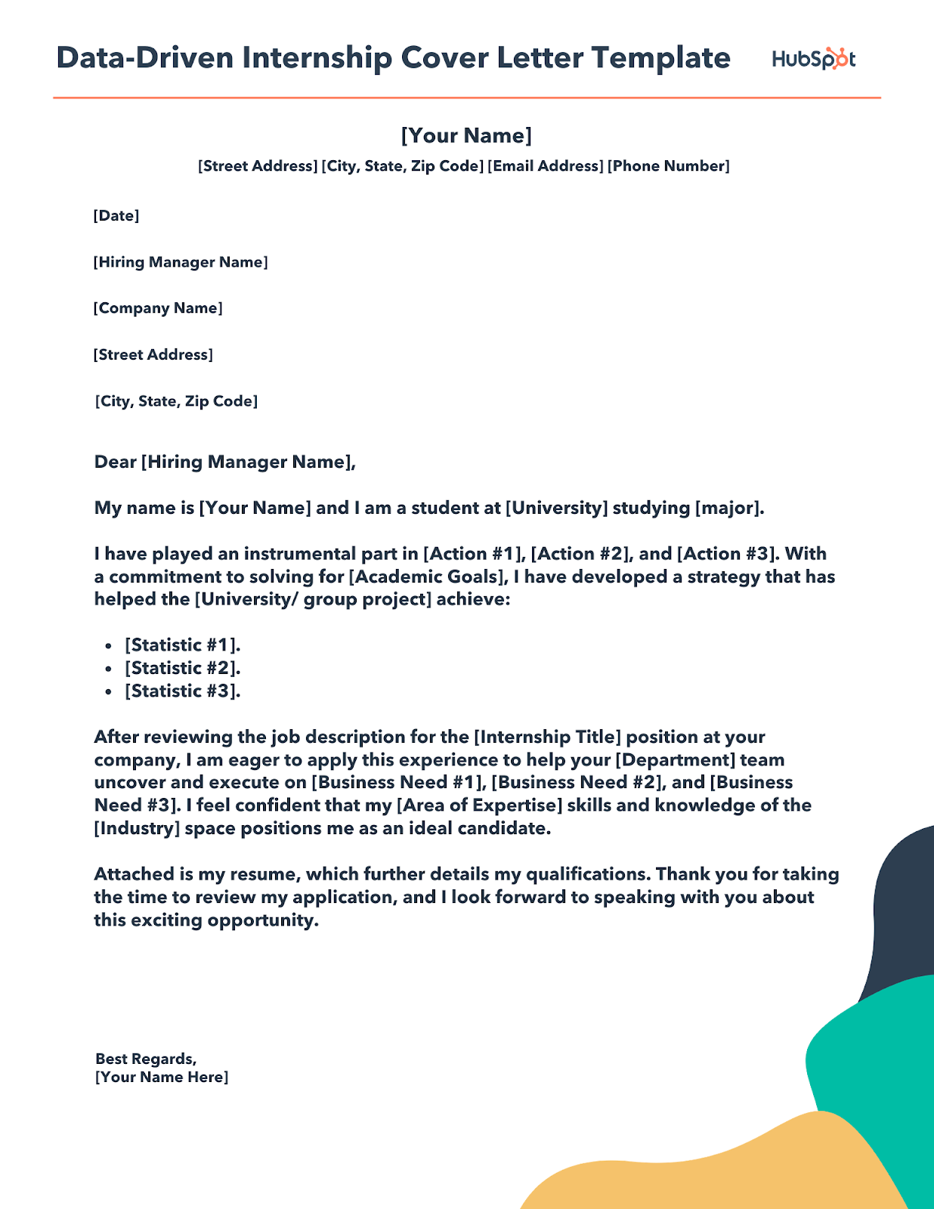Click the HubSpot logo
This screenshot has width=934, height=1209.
click(813, 59)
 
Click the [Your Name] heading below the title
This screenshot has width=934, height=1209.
click(466, 135)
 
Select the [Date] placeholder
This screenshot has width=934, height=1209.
click(116, 216)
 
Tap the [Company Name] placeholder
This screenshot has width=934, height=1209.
click(158, 308)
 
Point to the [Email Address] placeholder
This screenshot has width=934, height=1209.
click(546, 166)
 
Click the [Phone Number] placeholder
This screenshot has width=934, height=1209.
click(669, 166)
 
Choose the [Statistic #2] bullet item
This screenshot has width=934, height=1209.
click(182, 668)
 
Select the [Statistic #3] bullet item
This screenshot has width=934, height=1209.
click(182, 691)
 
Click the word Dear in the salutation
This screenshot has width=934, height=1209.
click(115, 462)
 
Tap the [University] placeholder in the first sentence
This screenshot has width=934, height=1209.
click(557, 508)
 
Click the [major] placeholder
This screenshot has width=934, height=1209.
click(725, 508)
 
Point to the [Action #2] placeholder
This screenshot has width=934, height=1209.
click(580, 554)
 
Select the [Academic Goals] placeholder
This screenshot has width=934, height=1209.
click(427, 577)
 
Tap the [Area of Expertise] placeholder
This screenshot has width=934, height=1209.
click(479, 805)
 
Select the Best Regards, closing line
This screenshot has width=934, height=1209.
click(146, 1059)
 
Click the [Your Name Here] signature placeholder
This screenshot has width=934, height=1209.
click(162, 1078)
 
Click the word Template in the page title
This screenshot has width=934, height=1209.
click(660, 58)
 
